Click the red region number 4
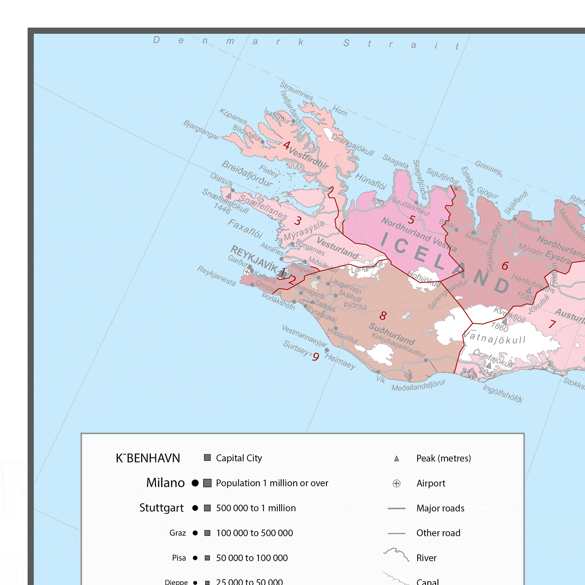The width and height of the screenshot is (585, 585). [x=287, y=145]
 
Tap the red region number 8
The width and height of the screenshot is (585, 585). [x=383, y=316]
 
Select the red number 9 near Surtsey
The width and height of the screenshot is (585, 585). [x=316, y=357]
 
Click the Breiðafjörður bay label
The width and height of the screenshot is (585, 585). [x=247, y=174]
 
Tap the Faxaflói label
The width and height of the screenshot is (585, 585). [x=245, y=229]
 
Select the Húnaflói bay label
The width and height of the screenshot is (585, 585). [x=370, y=181]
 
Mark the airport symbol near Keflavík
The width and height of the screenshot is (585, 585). [x=247, y=272]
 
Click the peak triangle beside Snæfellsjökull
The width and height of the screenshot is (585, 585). [x=229, y=195]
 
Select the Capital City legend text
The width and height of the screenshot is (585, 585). [x=239, y=458]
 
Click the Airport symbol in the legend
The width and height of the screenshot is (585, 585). [x=396, y=484]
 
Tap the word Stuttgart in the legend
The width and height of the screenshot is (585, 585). [x=161, y=508]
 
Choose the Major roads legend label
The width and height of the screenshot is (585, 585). [x=440, y=509]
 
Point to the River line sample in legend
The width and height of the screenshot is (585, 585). [x=396, y=554]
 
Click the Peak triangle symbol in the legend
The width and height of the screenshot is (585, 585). [x=396, y=459]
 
